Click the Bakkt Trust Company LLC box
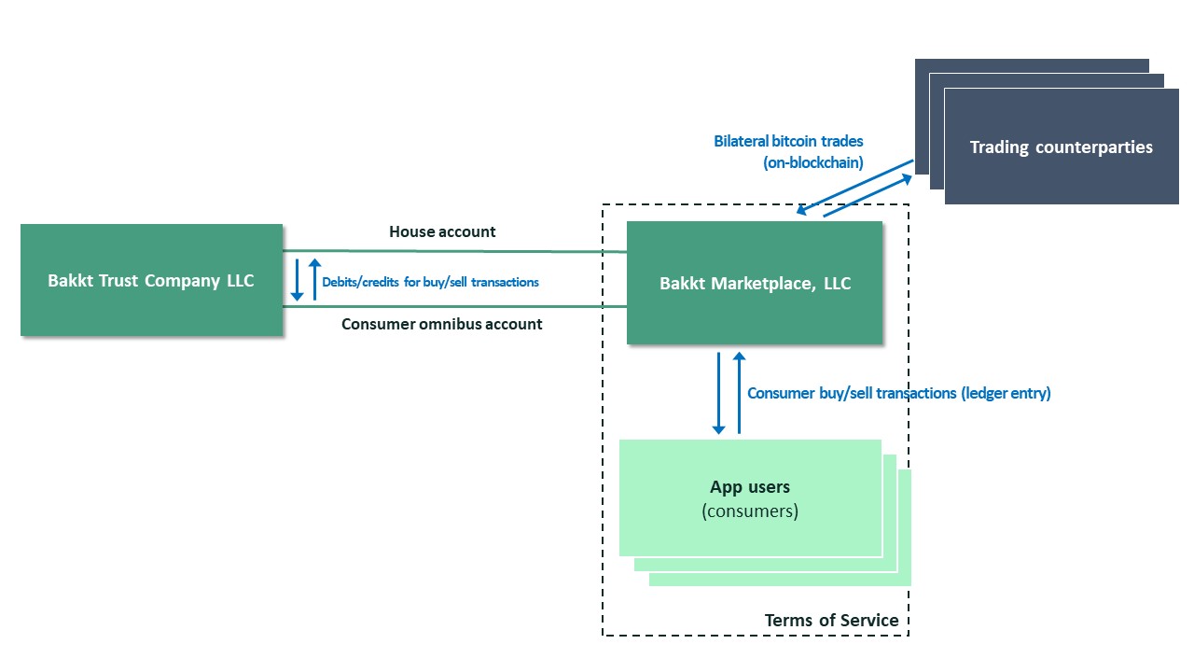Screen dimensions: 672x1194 point(151,280)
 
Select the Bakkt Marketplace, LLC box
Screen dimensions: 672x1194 point(755,283)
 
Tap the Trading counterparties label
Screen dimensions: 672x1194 point(1061,147)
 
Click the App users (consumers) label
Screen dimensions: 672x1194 point(750,498)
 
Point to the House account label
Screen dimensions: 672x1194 point(442,231)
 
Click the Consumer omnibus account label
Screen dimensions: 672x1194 point(441,324)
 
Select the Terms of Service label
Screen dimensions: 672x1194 point(831,621)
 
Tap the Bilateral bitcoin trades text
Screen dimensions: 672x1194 point(788,142)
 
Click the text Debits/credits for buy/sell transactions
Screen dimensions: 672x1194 point(430,282)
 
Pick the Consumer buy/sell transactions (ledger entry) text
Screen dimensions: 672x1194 point(898,393)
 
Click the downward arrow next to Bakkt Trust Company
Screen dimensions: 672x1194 point(297,280)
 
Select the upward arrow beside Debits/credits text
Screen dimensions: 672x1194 point(314,279)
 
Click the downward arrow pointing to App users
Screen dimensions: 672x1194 point(718,393)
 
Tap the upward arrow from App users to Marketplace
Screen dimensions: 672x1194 point(739,393)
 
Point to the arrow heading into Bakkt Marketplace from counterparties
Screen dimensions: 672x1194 point(854,187)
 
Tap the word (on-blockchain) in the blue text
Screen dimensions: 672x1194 point(812,161)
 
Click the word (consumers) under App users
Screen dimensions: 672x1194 point(750,511)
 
